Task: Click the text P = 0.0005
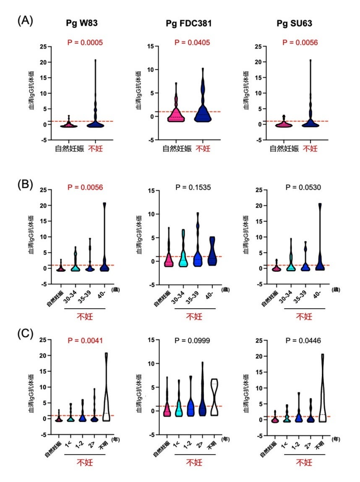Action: pos(86,42)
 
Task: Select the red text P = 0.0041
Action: pos(86,340)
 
